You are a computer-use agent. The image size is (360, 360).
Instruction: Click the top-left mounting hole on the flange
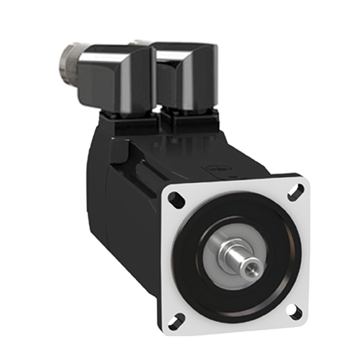click(174, 199)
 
